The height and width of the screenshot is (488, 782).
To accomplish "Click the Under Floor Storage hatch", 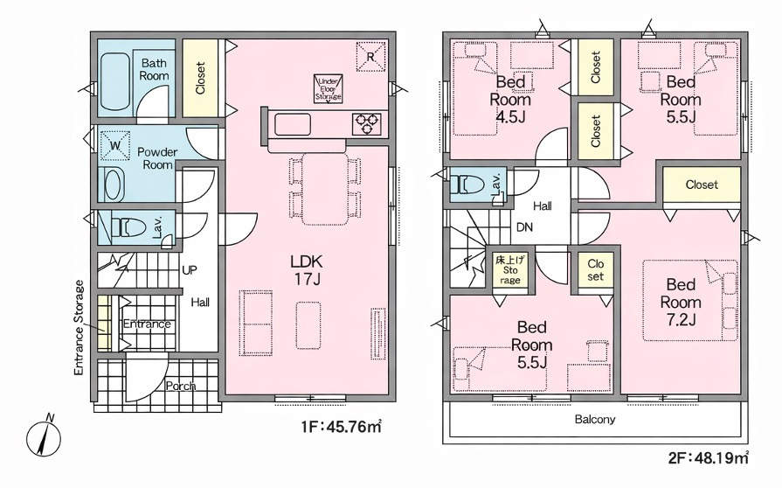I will (329, 88).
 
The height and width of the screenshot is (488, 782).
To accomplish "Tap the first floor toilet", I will (128, 228).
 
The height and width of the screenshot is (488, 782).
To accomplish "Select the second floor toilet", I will (467, 185).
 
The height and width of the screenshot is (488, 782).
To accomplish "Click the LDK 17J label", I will (308, 269).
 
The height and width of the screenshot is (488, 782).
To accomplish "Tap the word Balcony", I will (595, 419).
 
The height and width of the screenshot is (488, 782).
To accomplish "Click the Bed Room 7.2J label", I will (681, 302).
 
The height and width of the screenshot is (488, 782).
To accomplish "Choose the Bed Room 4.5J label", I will (510, 100).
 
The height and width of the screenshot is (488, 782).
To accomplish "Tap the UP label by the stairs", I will (188, 270).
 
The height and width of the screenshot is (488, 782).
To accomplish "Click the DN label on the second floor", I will (524, 227).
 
